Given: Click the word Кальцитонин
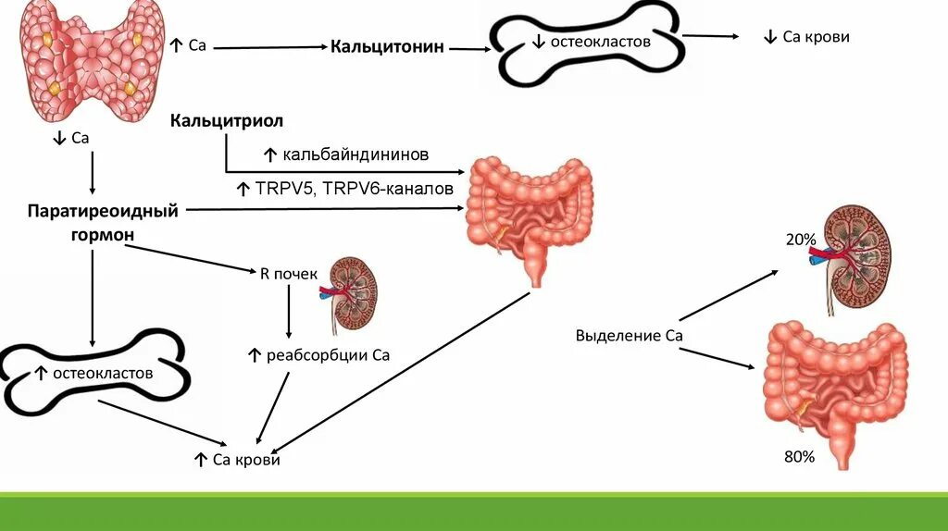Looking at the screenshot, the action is (x=387, y=46).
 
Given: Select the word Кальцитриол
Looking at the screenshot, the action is (x=226, y=121).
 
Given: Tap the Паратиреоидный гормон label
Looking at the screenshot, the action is (x=102, y=223).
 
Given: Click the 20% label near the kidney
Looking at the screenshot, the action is (x=801, y=240).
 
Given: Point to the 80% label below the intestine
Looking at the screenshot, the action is (x=798, y=456).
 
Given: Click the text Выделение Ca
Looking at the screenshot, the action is (x=629, y=335).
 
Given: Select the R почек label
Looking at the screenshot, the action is (x=289, y=274).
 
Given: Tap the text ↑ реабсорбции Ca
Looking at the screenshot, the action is (x=318, y=354).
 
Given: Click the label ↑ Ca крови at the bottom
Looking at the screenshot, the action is (x=236, y=460).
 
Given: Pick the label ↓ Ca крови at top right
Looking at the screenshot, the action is (x=806, y=37).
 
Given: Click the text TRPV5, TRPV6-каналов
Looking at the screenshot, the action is (x=344, y=189).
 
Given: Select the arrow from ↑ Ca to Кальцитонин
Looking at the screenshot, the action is (x=268, y=46).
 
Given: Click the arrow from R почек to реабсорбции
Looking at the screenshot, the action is (x=289, y=311).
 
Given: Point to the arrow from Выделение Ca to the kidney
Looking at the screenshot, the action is (x=731, y=294).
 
